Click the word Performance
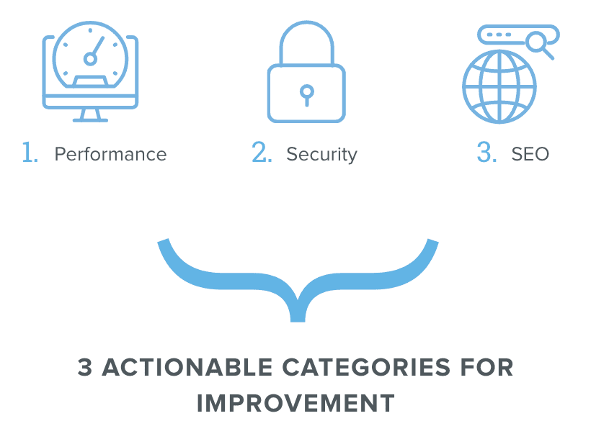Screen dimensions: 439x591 point(110,154)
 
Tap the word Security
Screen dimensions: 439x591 point(321,154)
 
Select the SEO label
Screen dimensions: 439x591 point(530,154)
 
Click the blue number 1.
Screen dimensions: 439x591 point(30,153)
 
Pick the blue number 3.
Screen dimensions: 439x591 point(486,153)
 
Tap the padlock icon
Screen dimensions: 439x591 point(306,72)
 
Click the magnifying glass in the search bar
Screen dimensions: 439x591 point(537,42)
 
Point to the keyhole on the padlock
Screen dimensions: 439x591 point(306,94)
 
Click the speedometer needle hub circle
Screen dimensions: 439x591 point(90,59)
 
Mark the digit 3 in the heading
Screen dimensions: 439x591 point(86,368)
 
